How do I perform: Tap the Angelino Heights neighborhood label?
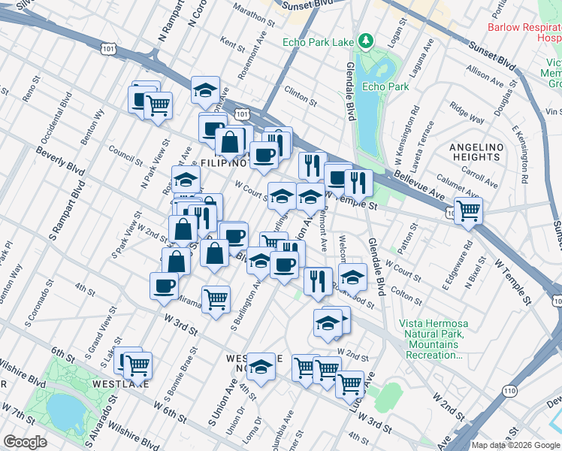pyautogui.click(x=475, y=152)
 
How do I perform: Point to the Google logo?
pyautogui.click(x=25, y=441)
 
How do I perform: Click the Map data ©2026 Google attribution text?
pyautogui.click(x=515, y=445)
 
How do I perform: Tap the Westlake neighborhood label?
pyautogui.click(x=113, y=383)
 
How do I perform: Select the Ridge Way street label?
pyautogui.click(x=467, y=114)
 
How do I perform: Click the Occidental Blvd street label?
pyautogui.click(x=56, y=120)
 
